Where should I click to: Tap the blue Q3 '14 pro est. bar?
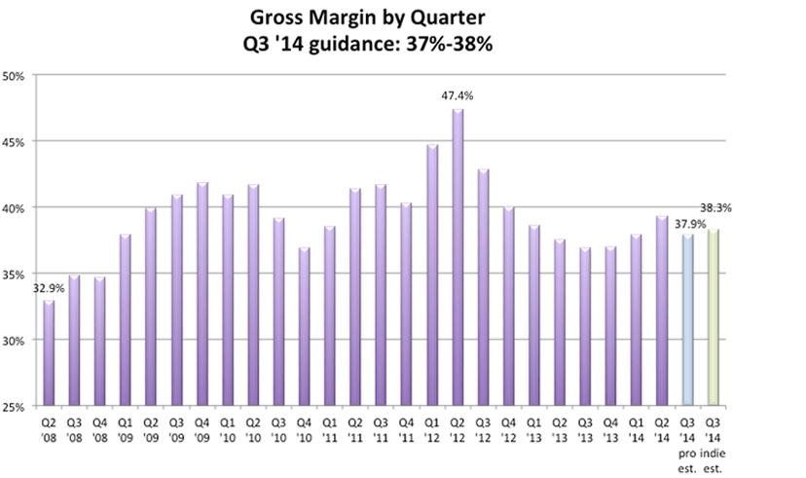click(687, 320)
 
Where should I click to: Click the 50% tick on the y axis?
click(17, 75)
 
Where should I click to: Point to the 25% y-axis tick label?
click(17, 407)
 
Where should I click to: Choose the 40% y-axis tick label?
click(17, 207)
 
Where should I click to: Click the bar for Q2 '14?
click(662, 312)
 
